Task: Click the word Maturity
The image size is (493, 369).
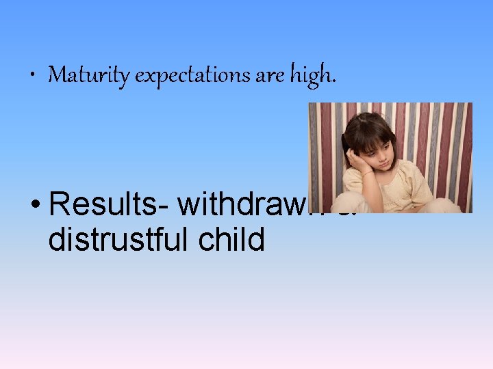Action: tap(89, 75)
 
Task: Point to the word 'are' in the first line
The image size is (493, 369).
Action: tap(268, 76)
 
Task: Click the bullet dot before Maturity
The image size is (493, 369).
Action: tap(34, 76)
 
